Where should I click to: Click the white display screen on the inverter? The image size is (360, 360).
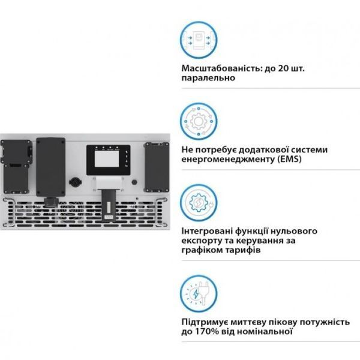click(x=107, y=159)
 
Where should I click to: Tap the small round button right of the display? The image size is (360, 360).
click(x=134, y=182)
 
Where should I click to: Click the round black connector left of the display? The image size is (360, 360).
click(x=76, y=182)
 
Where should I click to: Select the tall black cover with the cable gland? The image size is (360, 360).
click(x=51, y=167)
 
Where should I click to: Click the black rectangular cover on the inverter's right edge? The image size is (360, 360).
click(x=157, y=167)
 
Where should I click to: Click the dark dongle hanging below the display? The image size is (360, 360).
click(x=109, y=205)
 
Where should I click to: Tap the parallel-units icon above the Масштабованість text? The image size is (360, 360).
click(x=199, y=40)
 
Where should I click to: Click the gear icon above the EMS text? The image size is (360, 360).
click(x=199, y=121)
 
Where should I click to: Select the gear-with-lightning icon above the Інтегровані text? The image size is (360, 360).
click(x=199, y=203)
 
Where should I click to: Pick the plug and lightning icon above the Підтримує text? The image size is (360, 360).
click(x=199, y=293)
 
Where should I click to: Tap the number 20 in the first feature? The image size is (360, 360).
click(x=283, y=68)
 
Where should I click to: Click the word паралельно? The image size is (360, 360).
click(x=208, y=78)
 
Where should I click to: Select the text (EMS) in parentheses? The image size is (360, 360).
click(x=289, y=159)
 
